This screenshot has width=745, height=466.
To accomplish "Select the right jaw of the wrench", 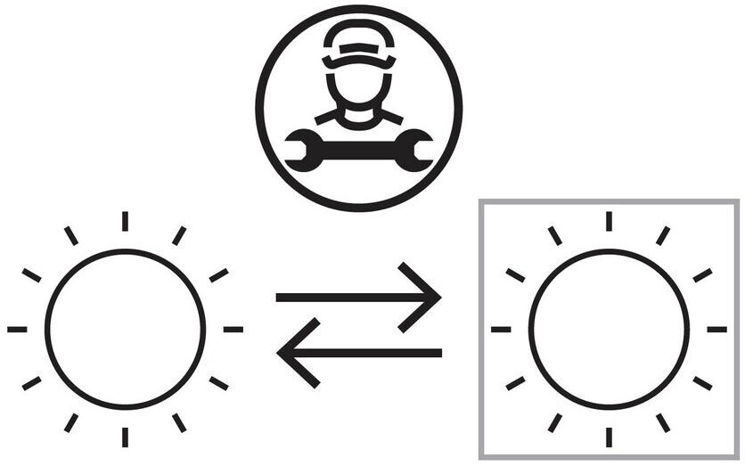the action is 414,150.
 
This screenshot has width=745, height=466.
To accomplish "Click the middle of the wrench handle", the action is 358,150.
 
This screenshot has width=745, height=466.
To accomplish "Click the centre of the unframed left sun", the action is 126,329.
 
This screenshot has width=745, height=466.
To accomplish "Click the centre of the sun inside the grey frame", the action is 609,329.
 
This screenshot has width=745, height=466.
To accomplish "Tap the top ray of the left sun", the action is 126,221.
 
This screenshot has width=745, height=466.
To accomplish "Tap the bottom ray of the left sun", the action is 126,437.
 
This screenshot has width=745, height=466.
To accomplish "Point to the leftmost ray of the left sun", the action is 18,329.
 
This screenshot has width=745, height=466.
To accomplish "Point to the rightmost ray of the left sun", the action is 233,329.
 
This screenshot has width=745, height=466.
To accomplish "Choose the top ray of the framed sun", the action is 609,221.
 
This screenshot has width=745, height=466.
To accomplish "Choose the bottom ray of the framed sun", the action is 609,437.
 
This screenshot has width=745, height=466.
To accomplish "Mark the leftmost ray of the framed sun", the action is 501,329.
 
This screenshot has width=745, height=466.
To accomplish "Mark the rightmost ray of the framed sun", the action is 716,329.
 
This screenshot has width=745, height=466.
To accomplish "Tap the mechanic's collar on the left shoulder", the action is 328,116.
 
